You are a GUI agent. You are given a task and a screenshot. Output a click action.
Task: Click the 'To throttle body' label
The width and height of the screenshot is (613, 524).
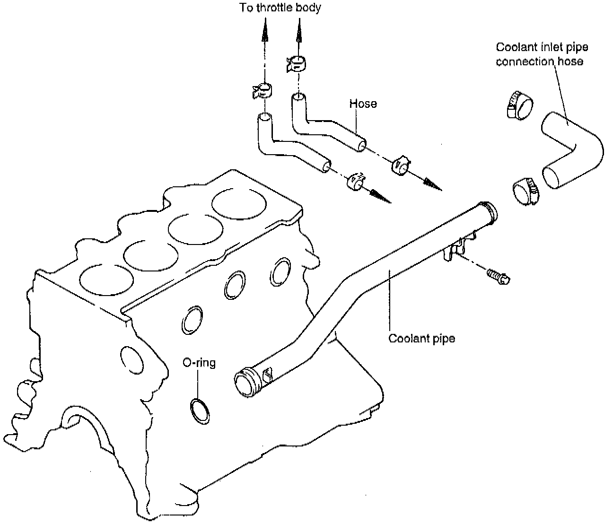(280, 8)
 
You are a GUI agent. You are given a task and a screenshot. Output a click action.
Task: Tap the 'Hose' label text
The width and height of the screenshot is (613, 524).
(363, 104)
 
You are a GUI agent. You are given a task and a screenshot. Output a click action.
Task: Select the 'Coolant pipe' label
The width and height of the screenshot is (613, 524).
(421, 339)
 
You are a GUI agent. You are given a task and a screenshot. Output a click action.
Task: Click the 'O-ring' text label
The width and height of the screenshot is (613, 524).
(199, 363)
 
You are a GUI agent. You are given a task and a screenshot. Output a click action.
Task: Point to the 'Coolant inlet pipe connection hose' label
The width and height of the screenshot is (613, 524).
(542, 54)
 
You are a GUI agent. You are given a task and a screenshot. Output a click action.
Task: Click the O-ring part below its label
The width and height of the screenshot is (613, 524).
(200, 410)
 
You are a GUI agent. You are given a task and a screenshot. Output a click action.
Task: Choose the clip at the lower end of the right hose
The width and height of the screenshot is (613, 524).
(400, 165)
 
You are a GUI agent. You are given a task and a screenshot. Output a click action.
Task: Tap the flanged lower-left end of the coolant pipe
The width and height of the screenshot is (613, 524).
(247, 381)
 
